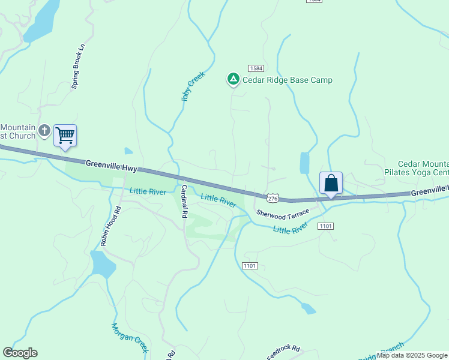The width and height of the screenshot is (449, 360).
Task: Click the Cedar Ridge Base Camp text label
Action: click(287, 80)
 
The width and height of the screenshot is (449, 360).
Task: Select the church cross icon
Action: click(44, 130)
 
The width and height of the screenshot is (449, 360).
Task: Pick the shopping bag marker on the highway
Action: click(331, 183)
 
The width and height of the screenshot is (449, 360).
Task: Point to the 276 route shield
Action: click(273, 197)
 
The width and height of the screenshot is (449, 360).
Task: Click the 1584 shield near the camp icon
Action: click(256, 68)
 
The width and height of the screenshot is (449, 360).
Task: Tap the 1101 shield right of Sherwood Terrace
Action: click(325, 226)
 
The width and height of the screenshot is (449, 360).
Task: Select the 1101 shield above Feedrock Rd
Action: click(250, 265)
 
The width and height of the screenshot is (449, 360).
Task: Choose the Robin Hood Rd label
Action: click(110, 227)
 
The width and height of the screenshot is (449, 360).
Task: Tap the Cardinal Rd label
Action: click(183, 201)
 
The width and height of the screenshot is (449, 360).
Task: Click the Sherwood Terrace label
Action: click(283, 212)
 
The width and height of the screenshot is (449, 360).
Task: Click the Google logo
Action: click(20, 353)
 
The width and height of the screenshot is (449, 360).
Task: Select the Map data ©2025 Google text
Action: click(412, 355)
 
